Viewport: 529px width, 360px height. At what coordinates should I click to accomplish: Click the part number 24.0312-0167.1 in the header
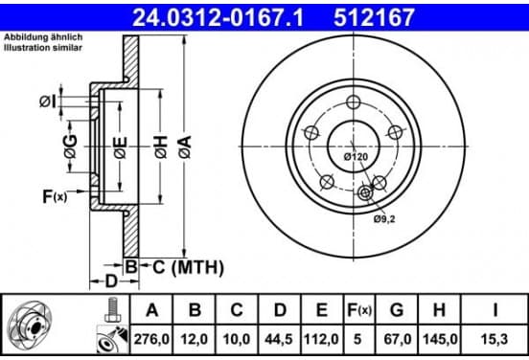point(218,17)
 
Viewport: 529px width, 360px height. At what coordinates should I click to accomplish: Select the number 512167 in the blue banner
point(374,17)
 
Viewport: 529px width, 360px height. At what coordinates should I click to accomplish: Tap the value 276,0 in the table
point(151,339)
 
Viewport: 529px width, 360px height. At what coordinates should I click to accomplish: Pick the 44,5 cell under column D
point(278,339)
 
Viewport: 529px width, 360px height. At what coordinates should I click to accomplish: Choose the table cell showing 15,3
point(494,339)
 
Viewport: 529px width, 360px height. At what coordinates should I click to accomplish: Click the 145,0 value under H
point(439,339)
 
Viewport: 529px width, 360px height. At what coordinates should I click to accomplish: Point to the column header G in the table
point(397,310)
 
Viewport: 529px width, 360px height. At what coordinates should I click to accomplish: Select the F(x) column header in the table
point(359,310)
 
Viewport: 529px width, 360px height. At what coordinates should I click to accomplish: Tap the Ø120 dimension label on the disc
point(356,157)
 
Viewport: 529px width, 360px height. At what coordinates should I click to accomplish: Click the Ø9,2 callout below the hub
point(384,219)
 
